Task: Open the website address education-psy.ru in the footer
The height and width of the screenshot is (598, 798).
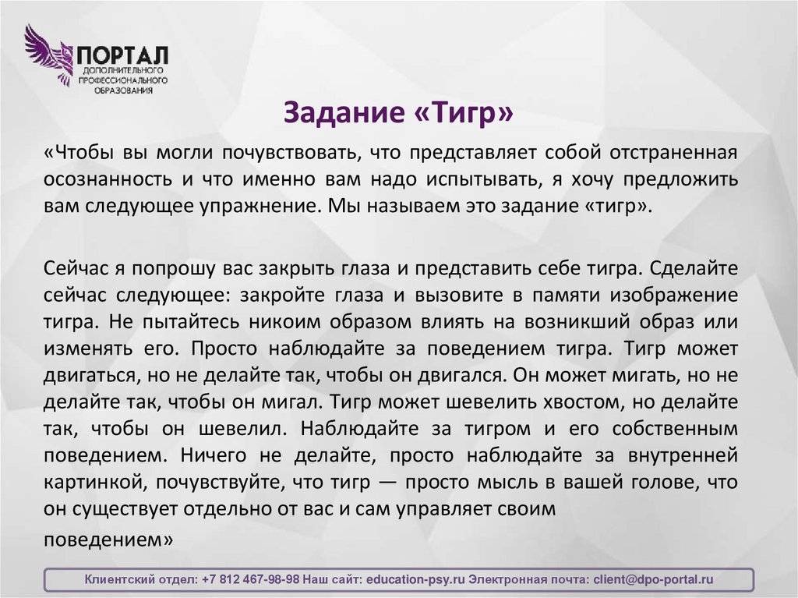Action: [x=415, y=580]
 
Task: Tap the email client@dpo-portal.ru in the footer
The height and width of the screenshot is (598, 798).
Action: [x=653, y=580]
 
